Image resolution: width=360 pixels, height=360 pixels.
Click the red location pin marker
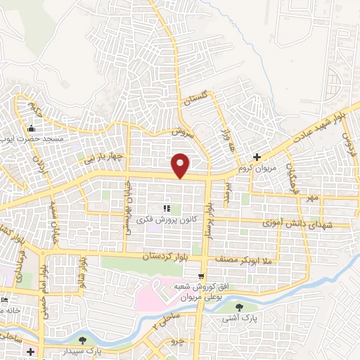coord(181,164)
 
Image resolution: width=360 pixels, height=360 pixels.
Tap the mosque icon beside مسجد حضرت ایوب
coord(31,129)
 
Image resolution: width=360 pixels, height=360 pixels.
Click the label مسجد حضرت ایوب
coord(44,139)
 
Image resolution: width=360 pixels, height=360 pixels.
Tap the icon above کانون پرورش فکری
coord(167,208)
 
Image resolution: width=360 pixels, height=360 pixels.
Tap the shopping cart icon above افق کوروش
coord(202,275)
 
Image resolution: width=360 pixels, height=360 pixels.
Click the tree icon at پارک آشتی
coord(240,307)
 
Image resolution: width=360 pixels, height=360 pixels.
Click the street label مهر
coord(312,199)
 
